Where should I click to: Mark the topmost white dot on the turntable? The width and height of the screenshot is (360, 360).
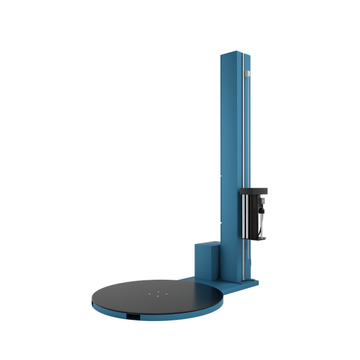point(158,291)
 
